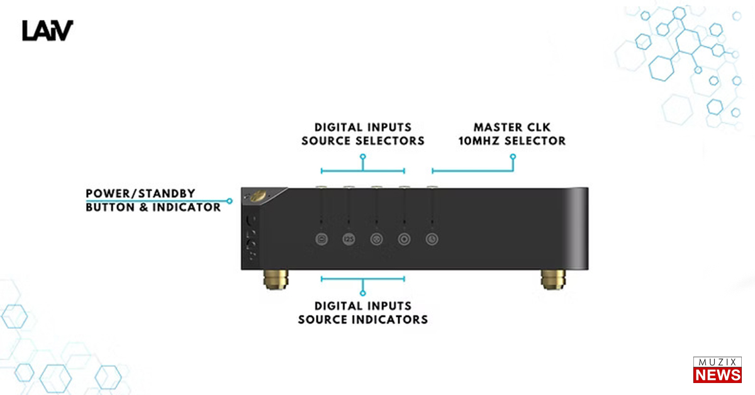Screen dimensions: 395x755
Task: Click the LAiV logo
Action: coord(48,30)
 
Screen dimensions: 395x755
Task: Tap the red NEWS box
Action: coord(717,375)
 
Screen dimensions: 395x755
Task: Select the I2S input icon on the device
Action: coord(349,239)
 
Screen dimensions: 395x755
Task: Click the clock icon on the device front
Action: coord(432,239)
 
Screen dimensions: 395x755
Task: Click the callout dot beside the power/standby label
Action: coord(230,201)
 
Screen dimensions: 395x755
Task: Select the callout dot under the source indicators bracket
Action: coord(363,292)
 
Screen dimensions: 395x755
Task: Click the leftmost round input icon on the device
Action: coord(322,239)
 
